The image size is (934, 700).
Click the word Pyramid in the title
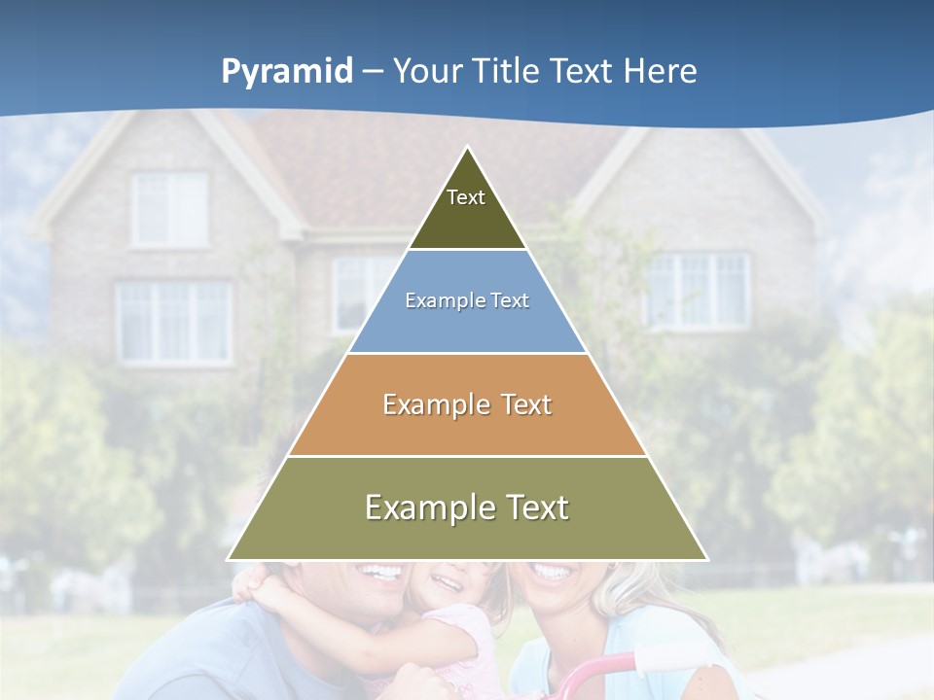tap(287, 72)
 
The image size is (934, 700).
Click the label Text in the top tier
tap(466, 197)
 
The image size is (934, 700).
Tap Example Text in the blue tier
tap(467, 300)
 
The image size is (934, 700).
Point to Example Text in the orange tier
tap(467, 404)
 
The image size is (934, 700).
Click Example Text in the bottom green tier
tap(467, 507)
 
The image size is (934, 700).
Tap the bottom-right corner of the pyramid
tap(706, 559)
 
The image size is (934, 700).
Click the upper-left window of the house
tap(169, 209)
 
